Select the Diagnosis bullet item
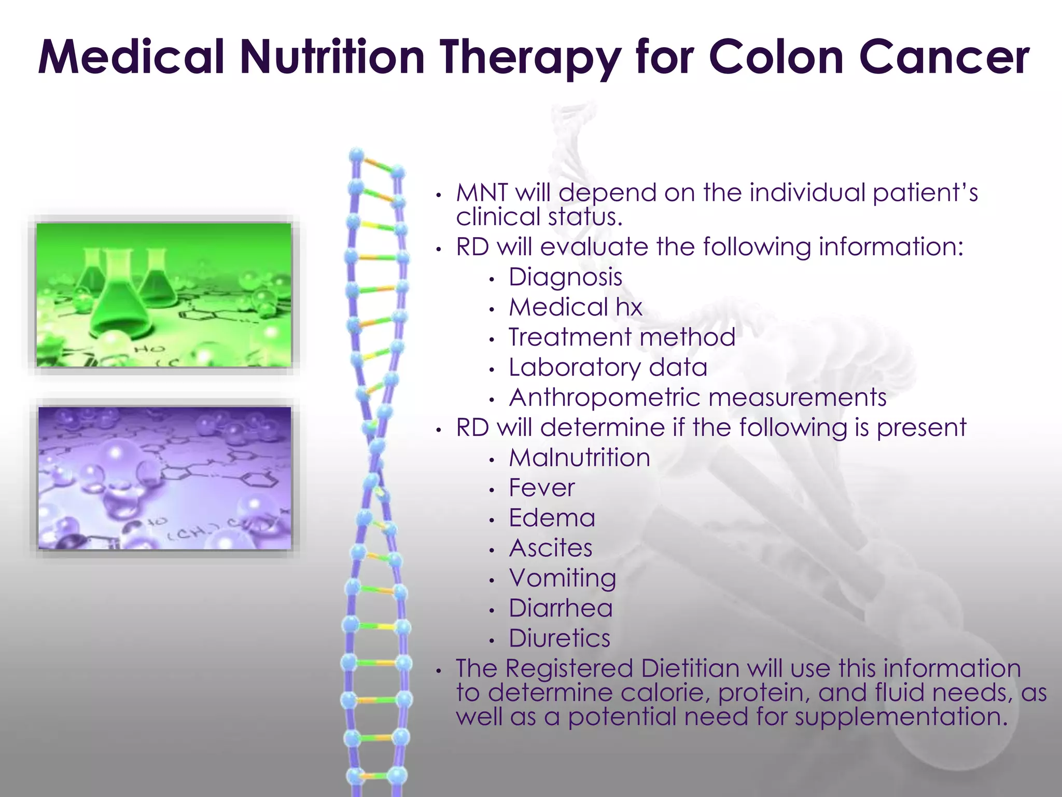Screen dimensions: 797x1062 (565, 277)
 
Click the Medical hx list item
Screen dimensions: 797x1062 (576, 307)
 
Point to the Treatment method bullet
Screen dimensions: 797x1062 (622, 337)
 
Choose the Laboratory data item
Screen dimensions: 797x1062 (608, 367)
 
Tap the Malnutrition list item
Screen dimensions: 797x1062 (579, 458)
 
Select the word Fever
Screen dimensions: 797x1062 (541, 488)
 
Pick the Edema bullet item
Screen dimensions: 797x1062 (552, 518)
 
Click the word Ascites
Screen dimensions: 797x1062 (550, 548)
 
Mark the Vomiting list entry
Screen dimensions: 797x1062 (562, 579)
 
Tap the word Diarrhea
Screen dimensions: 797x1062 (560, 608)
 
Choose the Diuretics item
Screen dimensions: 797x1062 (559, 638)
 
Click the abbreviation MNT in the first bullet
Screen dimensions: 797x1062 (482, 193)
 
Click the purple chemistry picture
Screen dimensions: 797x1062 (165, 477)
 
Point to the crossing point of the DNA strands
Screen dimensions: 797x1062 (374, 457)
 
